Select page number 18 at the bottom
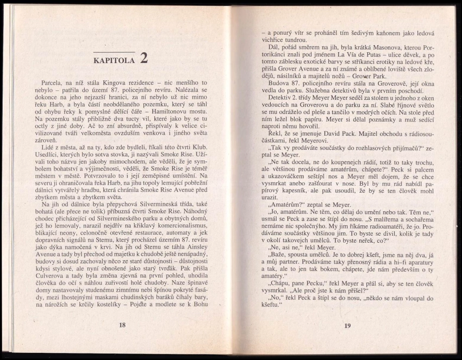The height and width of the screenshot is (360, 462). (x=122, y=325)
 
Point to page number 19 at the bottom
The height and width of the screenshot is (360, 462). (x=347, y=325)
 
